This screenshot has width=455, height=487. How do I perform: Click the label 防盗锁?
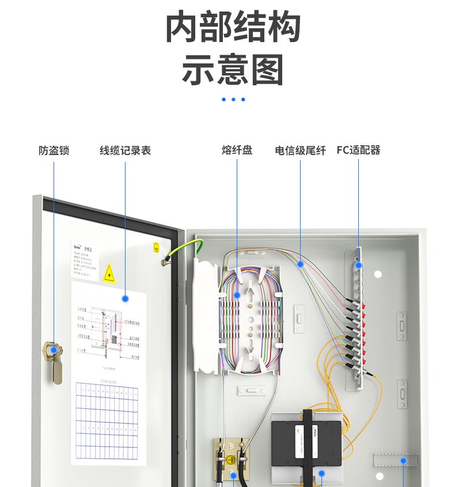54,150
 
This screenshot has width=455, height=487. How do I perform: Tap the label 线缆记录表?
125,150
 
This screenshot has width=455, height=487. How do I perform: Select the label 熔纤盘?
237,150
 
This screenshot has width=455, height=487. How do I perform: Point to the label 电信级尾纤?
300,150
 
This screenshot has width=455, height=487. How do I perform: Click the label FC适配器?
358,150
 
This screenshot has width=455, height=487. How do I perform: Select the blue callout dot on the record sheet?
125,298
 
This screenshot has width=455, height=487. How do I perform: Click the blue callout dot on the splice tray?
237,295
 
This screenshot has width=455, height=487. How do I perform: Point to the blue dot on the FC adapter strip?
358,265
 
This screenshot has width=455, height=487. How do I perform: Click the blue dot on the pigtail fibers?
300,265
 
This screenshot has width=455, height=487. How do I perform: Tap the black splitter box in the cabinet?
305,441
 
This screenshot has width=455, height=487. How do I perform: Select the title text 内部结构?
233,28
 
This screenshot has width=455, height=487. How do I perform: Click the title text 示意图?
233,70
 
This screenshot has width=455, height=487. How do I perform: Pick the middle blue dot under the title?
233,99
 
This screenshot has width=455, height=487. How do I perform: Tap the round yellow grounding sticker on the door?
157,248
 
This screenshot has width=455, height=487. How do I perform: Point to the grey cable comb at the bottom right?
396,460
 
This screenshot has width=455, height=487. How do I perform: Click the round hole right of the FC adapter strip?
378,274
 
